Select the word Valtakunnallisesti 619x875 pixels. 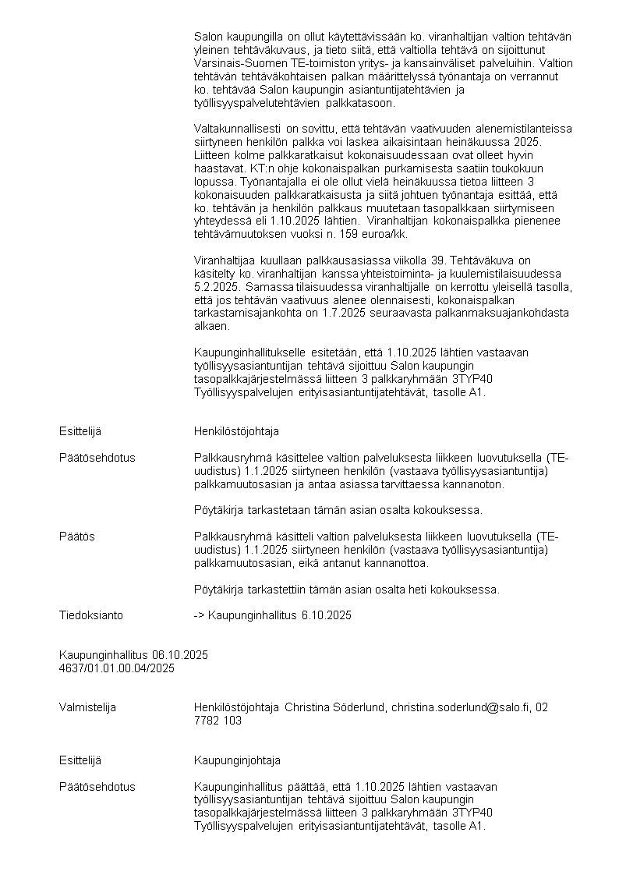[237, 129]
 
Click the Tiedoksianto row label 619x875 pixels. [90, 615]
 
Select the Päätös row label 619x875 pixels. [76, 537]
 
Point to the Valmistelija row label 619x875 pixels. [87, 707]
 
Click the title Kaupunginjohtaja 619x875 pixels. [237, 760]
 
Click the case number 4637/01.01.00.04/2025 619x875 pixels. [117, 668]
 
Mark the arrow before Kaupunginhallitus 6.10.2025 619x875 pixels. [199, 615]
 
